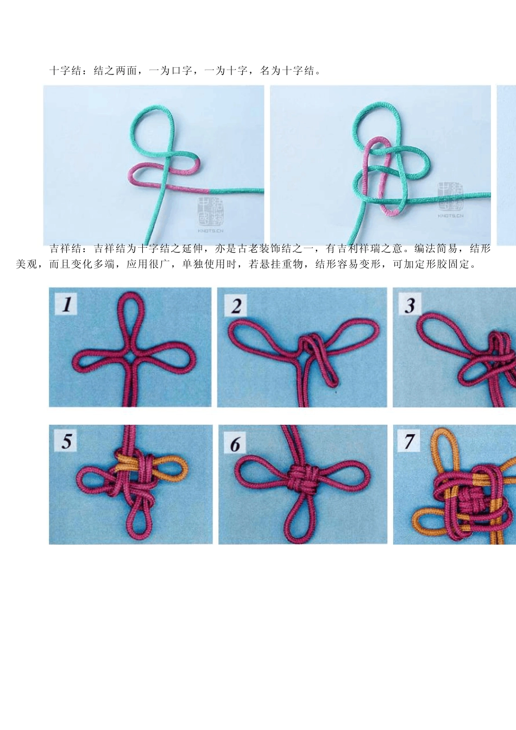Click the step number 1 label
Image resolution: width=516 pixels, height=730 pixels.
66,304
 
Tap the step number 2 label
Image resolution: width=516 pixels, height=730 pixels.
235,305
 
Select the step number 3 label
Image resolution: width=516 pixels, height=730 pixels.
410,304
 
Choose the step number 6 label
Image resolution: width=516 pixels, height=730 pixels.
235,443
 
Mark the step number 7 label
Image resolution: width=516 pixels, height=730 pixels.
409,441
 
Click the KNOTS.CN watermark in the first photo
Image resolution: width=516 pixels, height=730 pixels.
211,231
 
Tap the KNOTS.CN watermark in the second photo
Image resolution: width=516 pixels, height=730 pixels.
451,216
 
